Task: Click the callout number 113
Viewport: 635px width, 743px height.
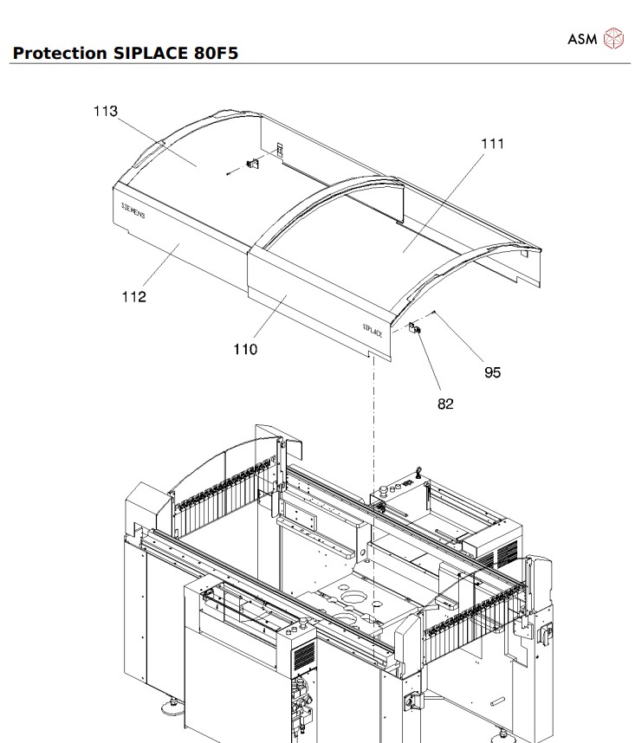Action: coord(105,111)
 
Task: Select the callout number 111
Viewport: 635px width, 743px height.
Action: coord(492,144)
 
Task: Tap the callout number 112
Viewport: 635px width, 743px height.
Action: coord(133,297)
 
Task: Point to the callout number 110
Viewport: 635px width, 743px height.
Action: coord(245,349)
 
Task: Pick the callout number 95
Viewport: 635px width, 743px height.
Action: coord(492,373)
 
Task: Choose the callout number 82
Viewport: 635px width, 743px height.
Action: coord(445,404)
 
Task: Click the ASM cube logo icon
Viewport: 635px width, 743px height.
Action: coord(613,37)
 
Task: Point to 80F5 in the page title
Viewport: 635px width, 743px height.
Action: coord(211,54)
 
